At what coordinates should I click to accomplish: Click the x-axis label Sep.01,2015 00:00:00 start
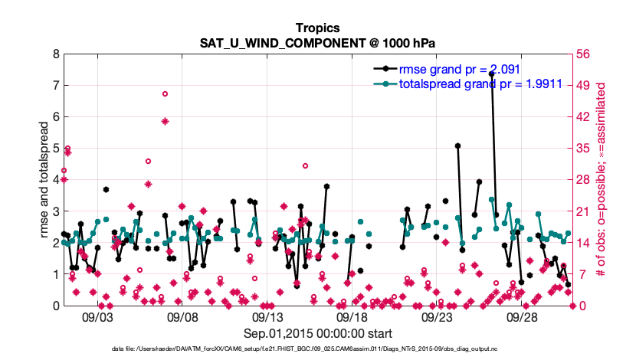317,333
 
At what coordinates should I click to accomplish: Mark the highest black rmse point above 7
491,74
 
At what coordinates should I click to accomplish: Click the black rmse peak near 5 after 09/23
457,146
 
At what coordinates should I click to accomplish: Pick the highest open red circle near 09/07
165,93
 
